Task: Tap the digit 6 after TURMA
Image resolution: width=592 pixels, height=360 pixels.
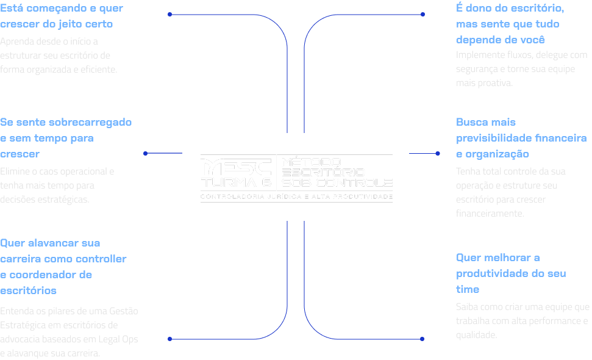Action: [x=265, y=183]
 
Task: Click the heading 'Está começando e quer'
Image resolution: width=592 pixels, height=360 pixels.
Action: [x=62, y=9]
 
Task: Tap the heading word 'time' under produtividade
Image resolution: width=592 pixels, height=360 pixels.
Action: [x=468, y=289]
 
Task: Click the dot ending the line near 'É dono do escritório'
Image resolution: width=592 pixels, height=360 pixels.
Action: [x=423, y=14]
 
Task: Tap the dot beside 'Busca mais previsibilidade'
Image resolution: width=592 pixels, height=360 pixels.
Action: [x=438, y=154]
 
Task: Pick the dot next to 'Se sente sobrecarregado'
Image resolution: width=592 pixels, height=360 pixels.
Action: [x=145, y=154]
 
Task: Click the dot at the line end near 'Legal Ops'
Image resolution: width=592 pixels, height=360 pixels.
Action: [x=169, y=339]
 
